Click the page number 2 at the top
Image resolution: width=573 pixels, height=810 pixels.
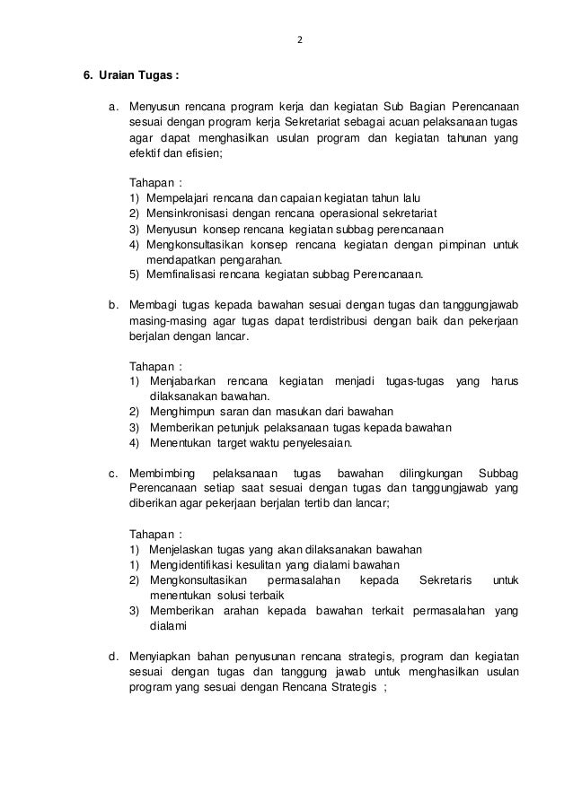(301, 41)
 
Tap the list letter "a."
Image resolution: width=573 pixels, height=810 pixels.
(114, 107)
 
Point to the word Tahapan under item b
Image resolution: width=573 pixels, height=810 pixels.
(153, 366)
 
